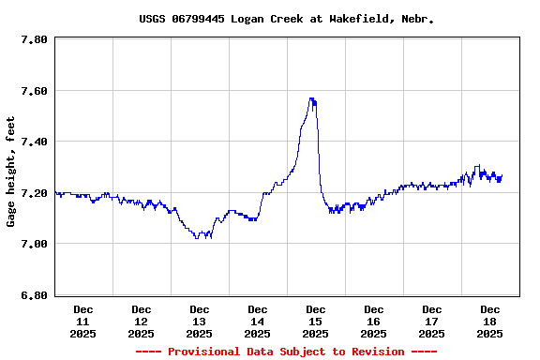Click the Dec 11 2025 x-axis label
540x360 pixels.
(x=83, y=321)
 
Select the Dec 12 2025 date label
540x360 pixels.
(x=142, y=321)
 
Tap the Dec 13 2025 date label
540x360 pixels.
(x=200, y=321)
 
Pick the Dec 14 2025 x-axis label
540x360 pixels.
(x=258, y=321)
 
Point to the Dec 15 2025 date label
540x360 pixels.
(x=316, y=321)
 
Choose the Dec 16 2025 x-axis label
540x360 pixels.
(x=374, y=321)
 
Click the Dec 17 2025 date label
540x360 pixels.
(x=432, y=321)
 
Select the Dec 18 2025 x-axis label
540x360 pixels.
(x=490, y=321)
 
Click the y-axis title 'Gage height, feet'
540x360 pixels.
(x=11, y=172)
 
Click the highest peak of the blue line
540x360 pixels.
(x=311, y=98)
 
